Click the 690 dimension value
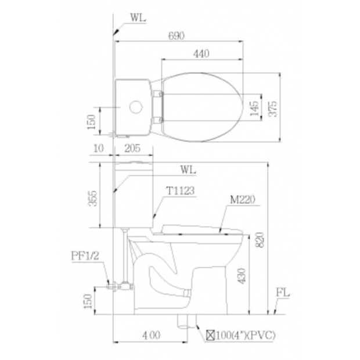tap(176, 36)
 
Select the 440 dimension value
tap(201, 54)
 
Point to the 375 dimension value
tap(273, 109)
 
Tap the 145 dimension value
tap(254, 109)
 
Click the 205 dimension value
tap(132, 149)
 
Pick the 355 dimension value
tap(93, 199)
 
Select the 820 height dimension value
tap(260, 240)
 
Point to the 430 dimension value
tap(242, 276)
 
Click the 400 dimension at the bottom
tap(152, 336)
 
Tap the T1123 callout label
tap(181, 190)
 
